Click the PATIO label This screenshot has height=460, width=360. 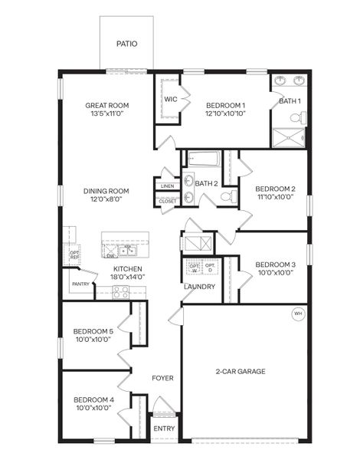(x=127, y=44)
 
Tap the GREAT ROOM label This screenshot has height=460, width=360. (x=106, y=105)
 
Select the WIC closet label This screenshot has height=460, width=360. (x=170, y=100)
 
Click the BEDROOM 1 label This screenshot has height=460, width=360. (x=226, y=105)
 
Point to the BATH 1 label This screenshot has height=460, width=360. (x=290, y=100)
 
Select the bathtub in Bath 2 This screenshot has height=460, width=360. (x=204, y=161)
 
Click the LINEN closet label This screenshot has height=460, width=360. (x=167, y=186)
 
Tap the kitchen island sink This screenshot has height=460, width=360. (x=129, y=249)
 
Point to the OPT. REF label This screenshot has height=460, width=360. (x=74, y=255)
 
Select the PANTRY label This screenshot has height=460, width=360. (x=80, y=284)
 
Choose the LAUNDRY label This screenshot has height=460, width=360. (x=199, y=287)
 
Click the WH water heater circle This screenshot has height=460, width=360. (x=297, y=313)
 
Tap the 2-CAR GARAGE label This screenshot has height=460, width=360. (x=240, y=372)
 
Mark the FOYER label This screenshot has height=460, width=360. (x=162, y=378)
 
